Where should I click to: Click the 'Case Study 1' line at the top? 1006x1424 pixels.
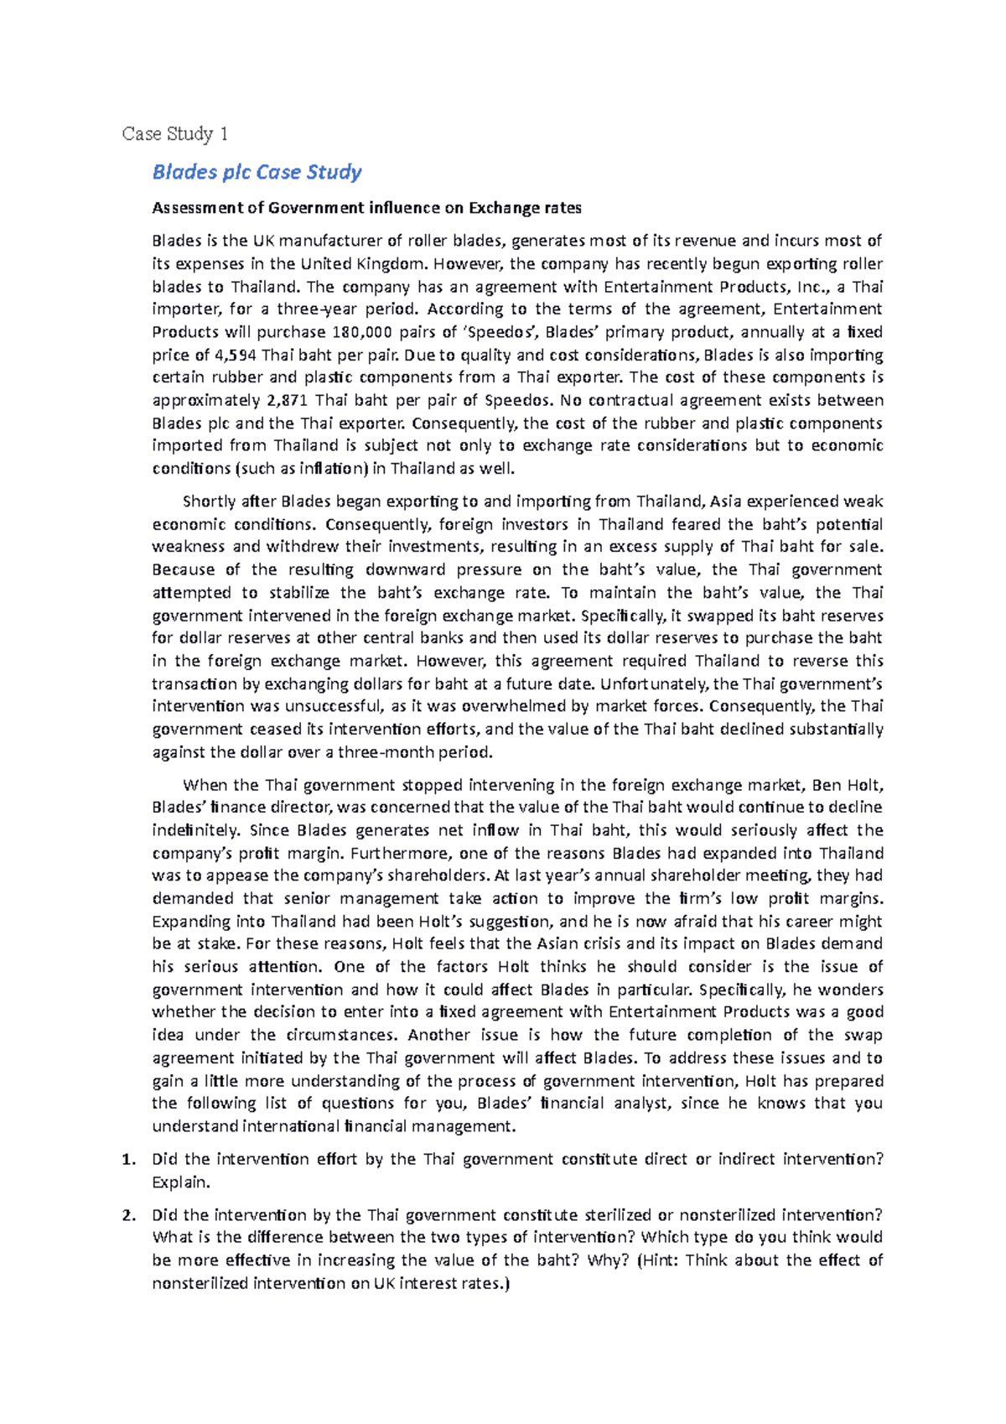tap(174, 134)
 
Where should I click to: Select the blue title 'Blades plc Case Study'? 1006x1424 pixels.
tap(257, 172)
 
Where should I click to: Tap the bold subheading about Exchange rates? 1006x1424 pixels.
tap(366, 208)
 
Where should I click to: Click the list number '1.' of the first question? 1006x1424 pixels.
tap(127, 1160)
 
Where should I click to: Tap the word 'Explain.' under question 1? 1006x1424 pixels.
tap(180, 1182)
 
